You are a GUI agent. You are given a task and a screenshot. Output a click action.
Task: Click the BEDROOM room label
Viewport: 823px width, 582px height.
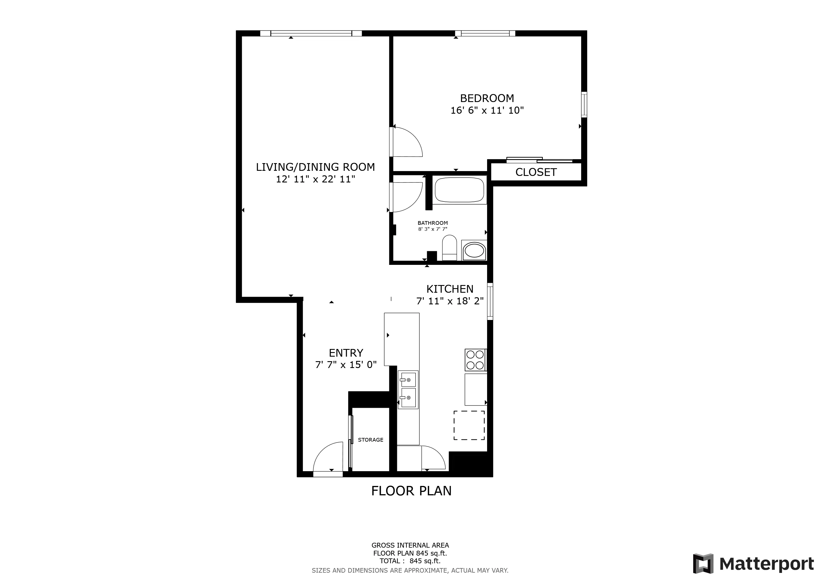click(487, 98)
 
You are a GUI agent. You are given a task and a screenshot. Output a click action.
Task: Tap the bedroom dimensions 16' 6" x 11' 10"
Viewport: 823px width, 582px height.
click(487, 110)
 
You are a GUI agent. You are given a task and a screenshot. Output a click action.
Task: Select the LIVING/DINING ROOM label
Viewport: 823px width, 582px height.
click(315, 167)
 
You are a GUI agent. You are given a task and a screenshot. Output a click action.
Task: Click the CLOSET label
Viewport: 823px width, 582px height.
click(536, 172)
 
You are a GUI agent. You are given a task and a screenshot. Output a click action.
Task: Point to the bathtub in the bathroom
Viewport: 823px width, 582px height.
click(459, 190)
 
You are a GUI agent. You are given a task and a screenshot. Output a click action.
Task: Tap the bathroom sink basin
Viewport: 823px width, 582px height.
click(474, 250)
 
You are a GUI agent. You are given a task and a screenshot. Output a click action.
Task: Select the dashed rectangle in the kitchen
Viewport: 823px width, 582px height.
click(469, 425)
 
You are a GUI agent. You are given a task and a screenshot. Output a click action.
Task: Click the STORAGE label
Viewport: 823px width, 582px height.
click(370, 440)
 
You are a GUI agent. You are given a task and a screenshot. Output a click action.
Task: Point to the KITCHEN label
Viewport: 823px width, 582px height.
click(450, 289)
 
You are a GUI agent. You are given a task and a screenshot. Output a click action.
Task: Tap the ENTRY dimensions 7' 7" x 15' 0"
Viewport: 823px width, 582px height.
click(346, 365)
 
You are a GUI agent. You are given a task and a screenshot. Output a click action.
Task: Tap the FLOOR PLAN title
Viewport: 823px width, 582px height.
click(411, 490)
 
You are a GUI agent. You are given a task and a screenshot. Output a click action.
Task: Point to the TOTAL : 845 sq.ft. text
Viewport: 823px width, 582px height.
click(410, 561)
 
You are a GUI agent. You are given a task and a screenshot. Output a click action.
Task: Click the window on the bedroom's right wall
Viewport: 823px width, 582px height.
click(584, 105)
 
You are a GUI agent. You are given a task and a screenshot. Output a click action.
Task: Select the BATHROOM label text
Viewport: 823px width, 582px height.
click(432, 223)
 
